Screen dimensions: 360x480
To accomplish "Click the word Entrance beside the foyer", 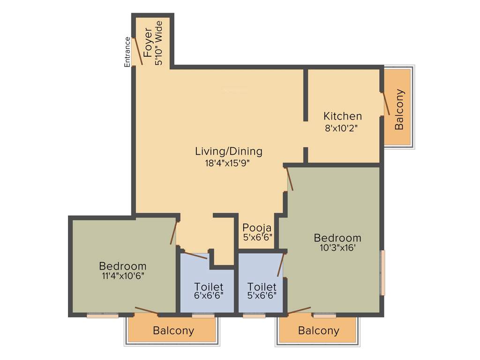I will tap(127, 52).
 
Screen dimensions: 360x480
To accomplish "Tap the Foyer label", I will tap(148, 43).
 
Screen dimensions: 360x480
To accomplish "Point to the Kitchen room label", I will tap(343, 116).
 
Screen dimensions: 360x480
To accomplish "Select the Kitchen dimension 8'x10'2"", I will tap(343, 127).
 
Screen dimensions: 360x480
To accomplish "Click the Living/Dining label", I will tap(229, 151).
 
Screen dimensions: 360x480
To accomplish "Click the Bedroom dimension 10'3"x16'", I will tap(337, 248).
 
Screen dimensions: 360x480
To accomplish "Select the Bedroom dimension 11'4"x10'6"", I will tap(123, 276).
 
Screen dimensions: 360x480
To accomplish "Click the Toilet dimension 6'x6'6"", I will tap(209, 296).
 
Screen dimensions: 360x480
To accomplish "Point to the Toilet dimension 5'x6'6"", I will tap(262, 296).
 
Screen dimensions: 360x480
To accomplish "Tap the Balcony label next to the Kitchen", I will tap(399, 109).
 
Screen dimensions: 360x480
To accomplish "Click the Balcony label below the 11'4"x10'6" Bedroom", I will tap(173, 330).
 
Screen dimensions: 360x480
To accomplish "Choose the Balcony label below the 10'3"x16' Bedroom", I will tap(319, 330).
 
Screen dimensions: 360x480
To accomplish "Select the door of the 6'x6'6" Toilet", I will tap(195, 255).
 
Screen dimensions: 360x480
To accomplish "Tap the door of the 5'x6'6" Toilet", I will tap(281, 265).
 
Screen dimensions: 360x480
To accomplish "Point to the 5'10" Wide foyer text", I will tap(159, 43).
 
